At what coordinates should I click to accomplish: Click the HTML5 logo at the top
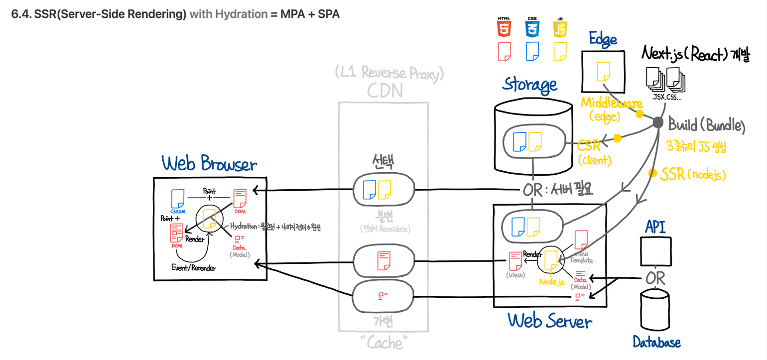[504, 28]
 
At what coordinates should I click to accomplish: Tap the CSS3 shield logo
[532, 28]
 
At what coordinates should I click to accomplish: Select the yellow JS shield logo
[560, 28]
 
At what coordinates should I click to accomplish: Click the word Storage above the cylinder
[529, 85]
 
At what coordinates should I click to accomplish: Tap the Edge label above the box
[603, 39]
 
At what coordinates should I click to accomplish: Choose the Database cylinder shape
[655, 311]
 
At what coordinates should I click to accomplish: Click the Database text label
[656, 342]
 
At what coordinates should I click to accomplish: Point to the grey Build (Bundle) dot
[657, 122]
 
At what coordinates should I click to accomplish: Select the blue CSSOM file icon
[177, 199]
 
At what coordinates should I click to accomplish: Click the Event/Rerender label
[194, 267]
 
